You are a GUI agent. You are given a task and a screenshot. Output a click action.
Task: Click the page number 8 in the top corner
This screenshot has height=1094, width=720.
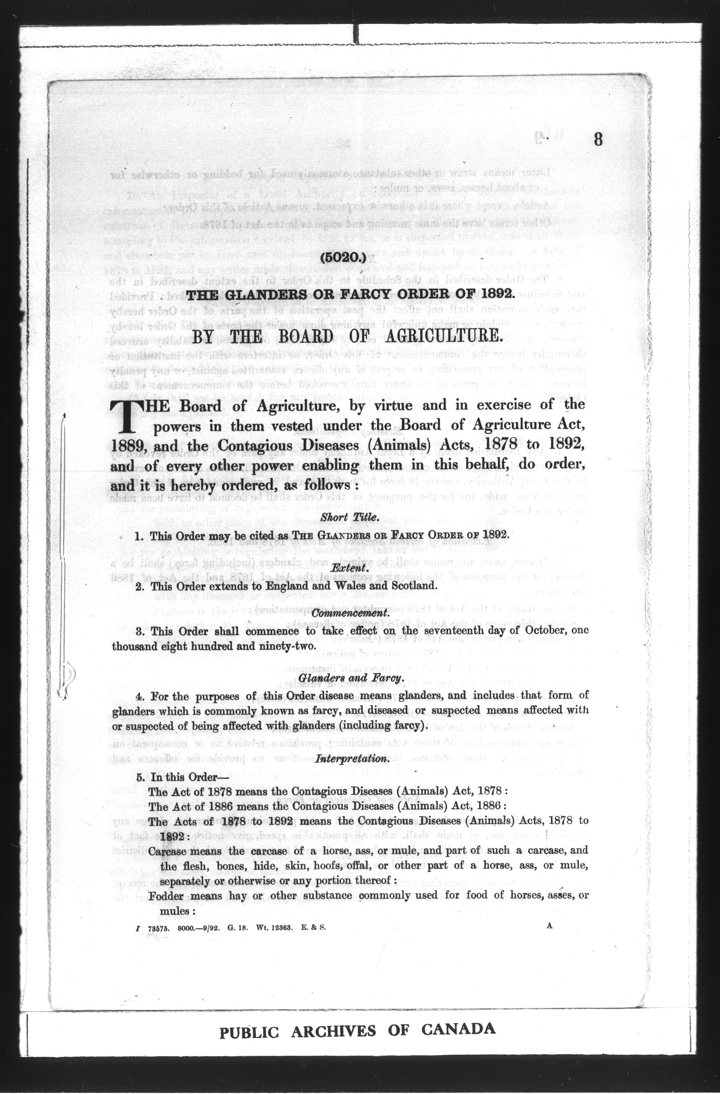tap(598, 139)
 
